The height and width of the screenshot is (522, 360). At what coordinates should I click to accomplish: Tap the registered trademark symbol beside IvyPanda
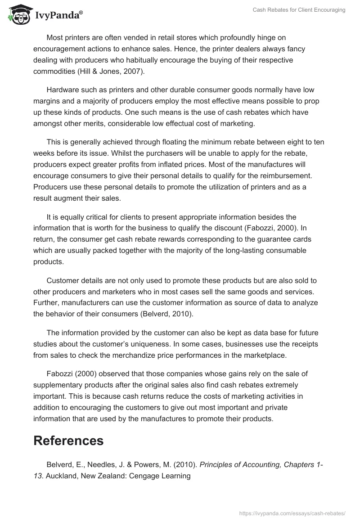81,13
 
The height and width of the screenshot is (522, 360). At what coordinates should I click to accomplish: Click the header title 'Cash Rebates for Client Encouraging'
299,10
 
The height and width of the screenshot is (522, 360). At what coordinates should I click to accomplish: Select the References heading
68,441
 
